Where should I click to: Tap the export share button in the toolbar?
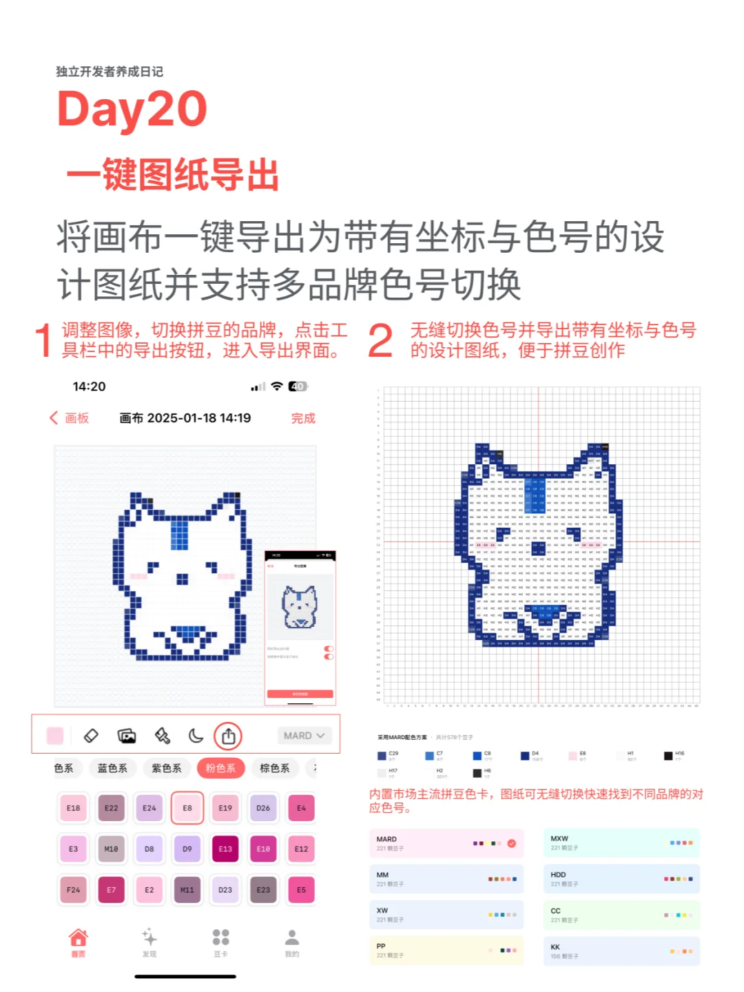pos(228,736)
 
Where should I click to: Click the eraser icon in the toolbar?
pos(91,736)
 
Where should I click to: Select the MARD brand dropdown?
pos(304,736)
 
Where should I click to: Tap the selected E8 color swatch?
pos(187,808)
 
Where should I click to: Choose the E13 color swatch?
pos(225,849)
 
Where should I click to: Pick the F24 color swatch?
pos(73,889)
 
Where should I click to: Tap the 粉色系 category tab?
pos(220,768)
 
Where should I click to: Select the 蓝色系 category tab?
pos(112,768)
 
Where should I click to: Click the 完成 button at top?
pos(303,418)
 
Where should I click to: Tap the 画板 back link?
pos(70,418)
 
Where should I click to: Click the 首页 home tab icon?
pos(79,938)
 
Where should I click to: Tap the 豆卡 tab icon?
pos(220,938)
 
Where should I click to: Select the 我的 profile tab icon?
pos(292,938)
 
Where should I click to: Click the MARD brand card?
pos(446,843)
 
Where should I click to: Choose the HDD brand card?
pos(621,879)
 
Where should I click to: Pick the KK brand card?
pos(621,951)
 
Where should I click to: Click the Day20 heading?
pos(132,109)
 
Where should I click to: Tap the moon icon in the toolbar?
pos(196,736)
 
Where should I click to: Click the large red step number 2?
pos(380,340)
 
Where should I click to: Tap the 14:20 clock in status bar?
pos(90,386)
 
